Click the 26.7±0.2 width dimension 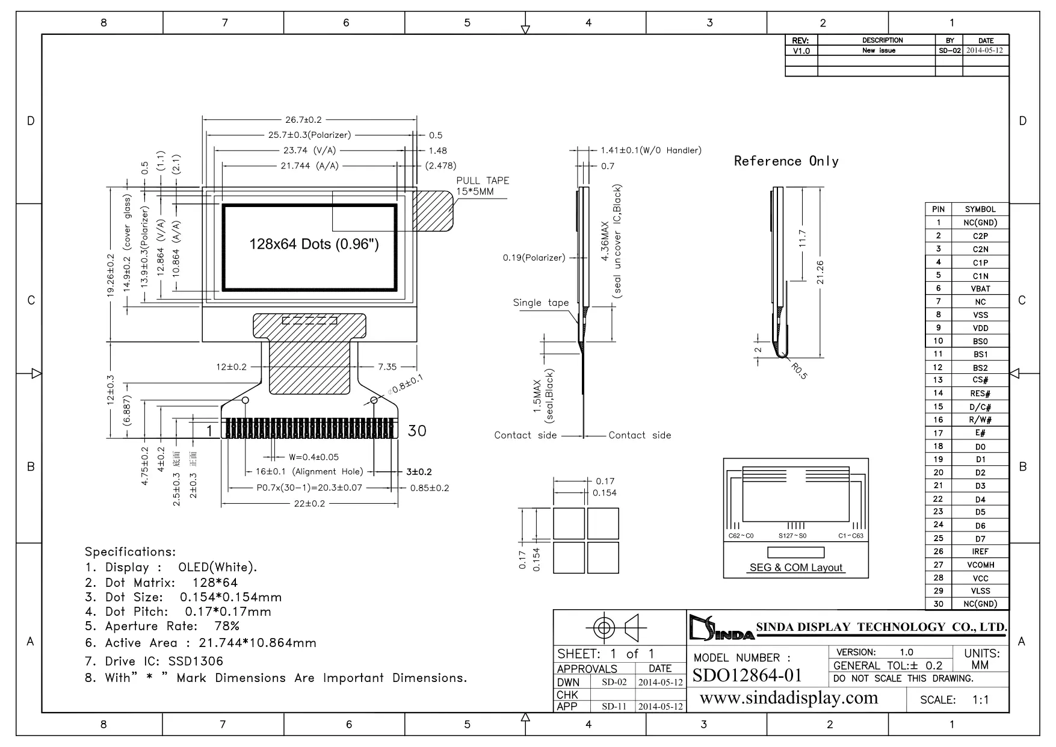point(303,120)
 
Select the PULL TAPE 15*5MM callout point(482,185)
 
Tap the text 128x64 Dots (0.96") point(314,244)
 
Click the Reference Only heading point(786,161)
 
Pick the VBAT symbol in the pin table point(980,289)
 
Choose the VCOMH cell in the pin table point(980,565)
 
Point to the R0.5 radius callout point(799,371)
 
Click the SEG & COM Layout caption point(796,568)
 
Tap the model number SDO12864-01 point(747,675)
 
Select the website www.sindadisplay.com point(789,698)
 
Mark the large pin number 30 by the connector point(417,430)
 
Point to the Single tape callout point(540,303)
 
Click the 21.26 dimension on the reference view point(820,273)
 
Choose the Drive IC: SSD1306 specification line point(154,661)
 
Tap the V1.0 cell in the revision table point(801,51)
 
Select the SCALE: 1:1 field point(954,700)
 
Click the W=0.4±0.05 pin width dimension point(313,457)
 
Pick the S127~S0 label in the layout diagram point(792,536)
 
